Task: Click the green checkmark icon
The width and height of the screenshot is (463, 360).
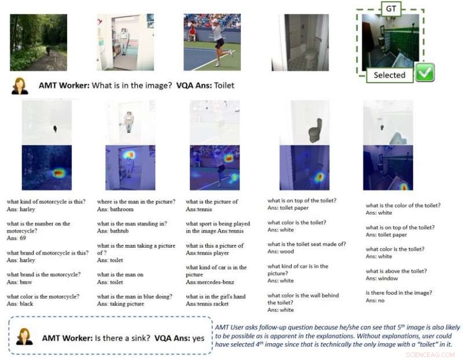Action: (425, 73)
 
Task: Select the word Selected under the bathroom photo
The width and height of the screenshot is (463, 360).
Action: (389, 75)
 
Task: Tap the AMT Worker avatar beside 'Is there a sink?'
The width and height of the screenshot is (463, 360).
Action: (24, 335)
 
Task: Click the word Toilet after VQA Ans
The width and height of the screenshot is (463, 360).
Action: (224, 86)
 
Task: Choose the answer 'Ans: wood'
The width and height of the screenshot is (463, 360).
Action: (282, 252)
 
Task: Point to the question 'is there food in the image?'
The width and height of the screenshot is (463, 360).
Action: (399, 293)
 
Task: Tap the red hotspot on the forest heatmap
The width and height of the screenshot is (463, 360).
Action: (57, 173)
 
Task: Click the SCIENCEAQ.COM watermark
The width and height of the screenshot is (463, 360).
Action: (432, 354)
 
